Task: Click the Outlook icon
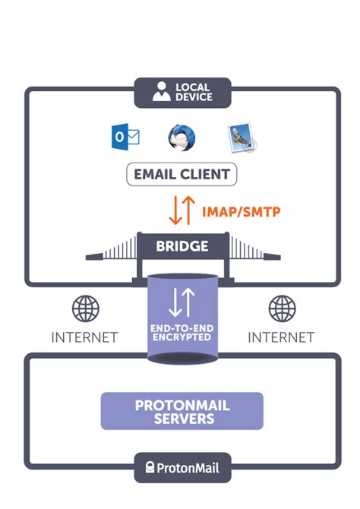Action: [125, 138]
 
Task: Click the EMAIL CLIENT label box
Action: [182, 174]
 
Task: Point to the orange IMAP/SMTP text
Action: [241, 211]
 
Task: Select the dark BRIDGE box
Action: [182, 246]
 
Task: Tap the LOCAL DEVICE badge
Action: [182, 92]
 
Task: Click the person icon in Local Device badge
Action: [161, 92]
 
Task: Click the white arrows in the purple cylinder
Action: [182, 302]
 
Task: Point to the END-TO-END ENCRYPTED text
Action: [182, 332]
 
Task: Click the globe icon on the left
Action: [85, 309]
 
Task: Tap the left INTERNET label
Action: [85, 336]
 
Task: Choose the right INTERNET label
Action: [280, 336]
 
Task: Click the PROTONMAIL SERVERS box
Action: [182, 411]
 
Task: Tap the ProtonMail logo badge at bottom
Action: [182, 467]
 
